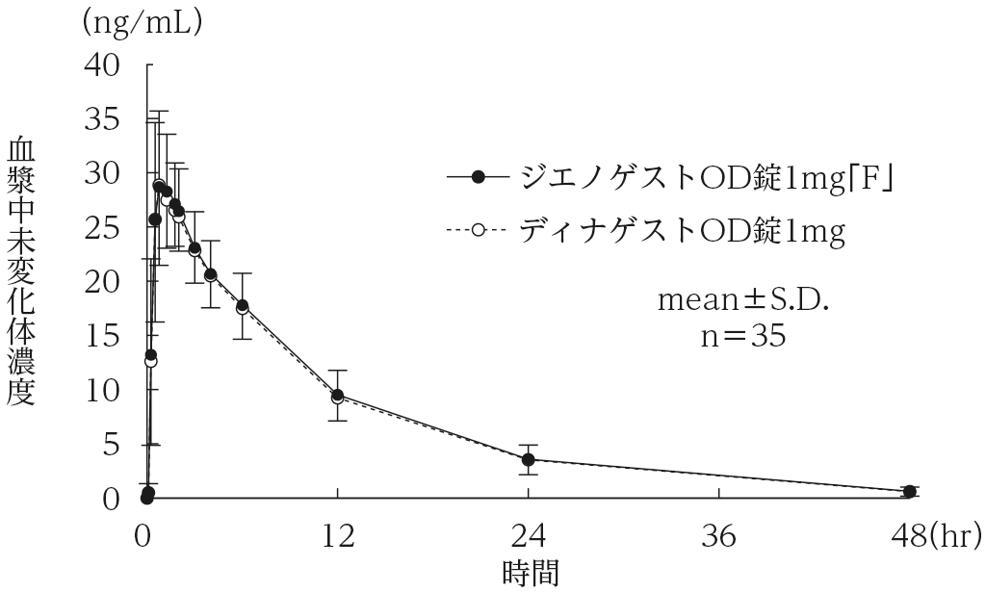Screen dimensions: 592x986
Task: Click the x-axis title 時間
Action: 530,573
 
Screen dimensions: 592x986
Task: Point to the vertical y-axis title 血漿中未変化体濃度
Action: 21,272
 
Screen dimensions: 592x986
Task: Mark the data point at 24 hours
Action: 530,460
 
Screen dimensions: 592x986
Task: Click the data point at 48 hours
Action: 909,491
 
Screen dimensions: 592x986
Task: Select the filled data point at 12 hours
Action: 338,395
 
